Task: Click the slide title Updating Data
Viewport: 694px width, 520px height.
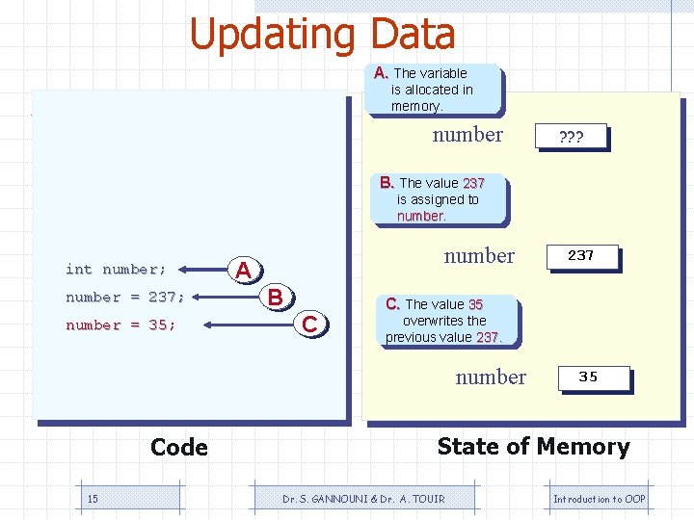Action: (322, 35)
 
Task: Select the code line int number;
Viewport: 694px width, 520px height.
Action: (116, 269)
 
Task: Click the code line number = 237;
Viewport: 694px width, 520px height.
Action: (125, 297)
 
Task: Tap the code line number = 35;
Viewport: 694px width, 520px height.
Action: (120, 325)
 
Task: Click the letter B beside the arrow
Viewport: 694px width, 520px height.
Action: (276, 298)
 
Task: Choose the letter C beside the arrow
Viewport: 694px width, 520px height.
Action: (309, 325)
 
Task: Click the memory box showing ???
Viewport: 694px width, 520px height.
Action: (572, 137)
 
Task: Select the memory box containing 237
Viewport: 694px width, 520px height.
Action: (580, 256)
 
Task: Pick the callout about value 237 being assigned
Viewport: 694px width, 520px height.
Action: (439, 199)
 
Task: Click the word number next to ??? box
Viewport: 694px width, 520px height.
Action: (467, 135)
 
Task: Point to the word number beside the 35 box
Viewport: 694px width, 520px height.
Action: (491, 377)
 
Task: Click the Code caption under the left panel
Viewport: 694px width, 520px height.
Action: (179, 448)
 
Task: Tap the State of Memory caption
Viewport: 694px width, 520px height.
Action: (533, 447)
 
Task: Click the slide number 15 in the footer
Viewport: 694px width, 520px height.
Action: (93, 499)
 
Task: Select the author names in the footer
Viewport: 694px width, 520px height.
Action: (363, 499)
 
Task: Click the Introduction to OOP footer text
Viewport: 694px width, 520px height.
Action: (599, 499)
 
